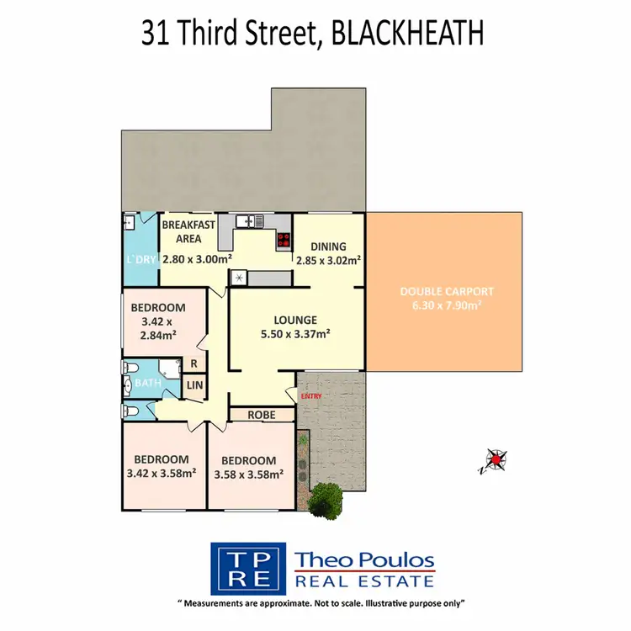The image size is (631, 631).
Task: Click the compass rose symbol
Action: [496, 459]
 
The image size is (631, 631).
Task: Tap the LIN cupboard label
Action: [194, 385]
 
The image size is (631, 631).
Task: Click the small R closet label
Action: [194, 364]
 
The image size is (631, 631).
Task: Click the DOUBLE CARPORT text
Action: [446, 292]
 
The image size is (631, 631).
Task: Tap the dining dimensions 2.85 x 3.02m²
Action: [328, 260]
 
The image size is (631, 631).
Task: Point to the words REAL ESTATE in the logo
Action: [364, 581]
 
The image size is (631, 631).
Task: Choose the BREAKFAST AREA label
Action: [189, 231]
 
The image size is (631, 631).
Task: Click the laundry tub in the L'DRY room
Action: [129, 222]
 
